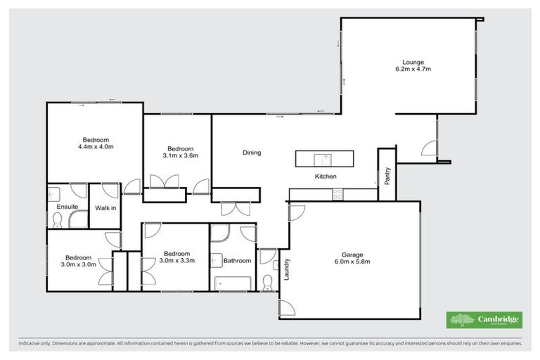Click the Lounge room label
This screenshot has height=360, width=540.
point(412,62)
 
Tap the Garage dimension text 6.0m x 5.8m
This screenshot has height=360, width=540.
point(352,262)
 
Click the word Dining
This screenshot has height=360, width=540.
point(252,153)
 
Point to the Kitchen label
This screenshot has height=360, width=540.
point(326,176)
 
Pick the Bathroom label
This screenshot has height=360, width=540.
point(237,261)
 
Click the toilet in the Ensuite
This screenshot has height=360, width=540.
point(58,221)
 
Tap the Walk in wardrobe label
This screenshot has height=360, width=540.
point(105,207)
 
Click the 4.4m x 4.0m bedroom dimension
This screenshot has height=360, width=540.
point(95,147)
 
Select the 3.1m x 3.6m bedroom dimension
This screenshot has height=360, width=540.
point(180,155)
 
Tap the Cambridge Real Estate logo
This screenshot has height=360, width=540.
point(484,320)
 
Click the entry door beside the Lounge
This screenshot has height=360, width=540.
point(427,148)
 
